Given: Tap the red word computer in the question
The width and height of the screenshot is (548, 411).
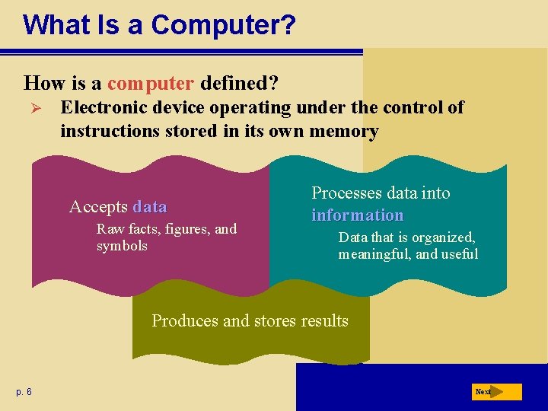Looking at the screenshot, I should pyautogui.click(x=151, y=82).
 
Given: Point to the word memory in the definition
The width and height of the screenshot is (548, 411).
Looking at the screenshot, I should pyautogui.click(x=345, y=131).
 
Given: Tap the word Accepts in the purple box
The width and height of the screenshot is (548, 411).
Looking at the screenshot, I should pyautogui.click(x=98, y=207).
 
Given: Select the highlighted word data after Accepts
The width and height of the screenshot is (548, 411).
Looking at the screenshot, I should pyautogui.click(x=149, y=207).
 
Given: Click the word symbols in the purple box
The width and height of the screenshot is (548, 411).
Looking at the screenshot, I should pyautogui.click(x=122, y=246).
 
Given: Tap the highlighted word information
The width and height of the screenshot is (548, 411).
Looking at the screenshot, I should pyautogui.click(x=357, y=215).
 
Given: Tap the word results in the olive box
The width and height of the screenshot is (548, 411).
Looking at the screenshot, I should pyautogui.click(x=323, y=320).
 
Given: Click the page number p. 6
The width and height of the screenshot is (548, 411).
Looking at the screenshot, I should pyautogui.click(x=24, y=392).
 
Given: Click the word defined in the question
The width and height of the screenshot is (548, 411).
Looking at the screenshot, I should pyautogui.click(x=234, y=82).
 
